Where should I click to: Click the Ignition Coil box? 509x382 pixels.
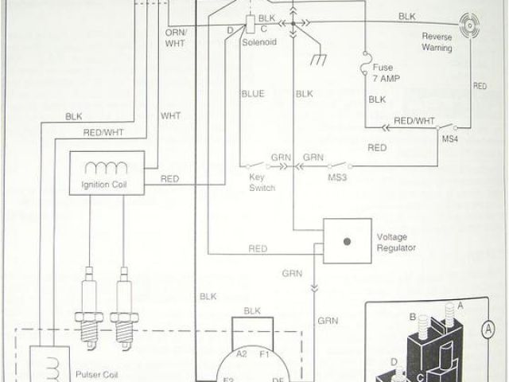[x=107, y=173]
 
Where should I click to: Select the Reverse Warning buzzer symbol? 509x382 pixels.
[x=466, y=26]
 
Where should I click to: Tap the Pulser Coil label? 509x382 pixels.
[x=97, y=371]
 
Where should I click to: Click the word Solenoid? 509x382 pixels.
[x=258, y=41]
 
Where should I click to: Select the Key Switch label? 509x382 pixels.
[x=262, y=183]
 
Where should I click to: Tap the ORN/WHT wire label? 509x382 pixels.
[x=176, y=38]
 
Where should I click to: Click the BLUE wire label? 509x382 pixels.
[x=252, y=94]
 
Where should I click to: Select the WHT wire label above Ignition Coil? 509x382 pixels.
[x=171, y=115]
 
